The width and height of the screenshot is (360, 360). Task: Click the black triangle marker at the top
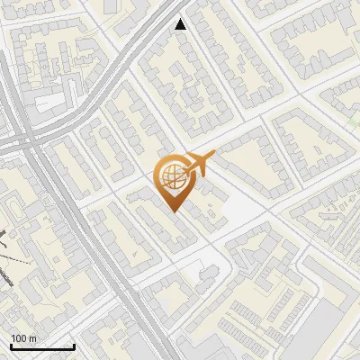[182, 24]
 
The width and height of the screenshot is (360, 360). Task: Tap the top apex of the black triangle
[182, 19]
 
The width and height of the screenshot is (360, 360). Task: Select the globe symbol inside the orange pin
[173, 177]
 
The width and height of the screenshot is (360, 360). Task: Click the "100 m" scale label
[23, 338]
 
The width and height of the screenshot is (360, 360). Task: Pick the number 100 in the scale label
[19, 338]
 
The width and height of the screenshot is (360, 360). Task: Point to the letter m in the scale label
[32, 338]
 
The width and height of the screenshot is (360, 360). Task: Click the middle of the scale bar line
[42, 347]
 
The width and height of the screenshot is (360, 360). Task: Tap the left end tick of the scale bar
[11, 346]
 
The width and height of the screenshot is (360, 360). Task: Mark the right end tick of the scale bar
[74, 346]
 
